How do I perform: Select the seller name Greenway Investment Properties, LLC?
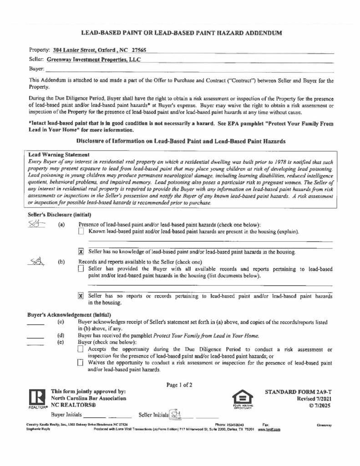(94, 60)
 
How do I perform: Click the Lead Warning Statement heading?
(59, 155)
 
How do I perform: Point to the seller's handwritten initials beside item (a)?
(35, 224)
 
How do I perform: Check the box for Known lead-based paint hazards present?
(81, 232)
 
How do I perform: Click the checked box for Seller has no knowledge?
(81, 251)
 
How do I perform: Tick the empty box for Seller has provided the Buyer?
(81, 269)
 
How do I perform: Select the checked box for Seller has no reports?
(81, 295)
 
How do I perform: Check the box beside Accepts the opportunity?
(81, 349)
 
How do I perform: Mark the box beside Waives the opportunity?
(81, 363)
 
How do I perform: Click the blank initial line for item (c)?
(35, 324)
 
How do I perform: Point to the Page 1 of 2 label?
(179, 385)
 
